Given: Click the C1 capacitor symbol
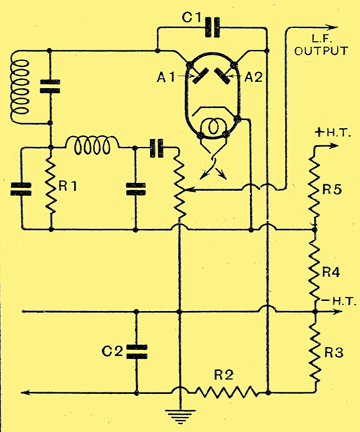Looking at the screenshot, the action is [212, 27].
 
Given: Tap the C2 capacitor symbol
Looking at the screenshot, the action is [136, 352].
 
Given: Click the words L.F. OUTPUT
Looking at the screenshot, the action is [321, 45].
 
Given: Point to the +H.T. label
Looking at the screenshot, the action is [333, 133].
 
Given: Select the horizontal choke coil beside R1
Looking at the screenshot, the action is [92, 145].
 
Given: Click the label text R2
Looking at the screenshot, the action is [224, 375].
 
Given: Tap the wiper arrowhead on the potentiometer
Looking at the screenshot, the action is [189, 189].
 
